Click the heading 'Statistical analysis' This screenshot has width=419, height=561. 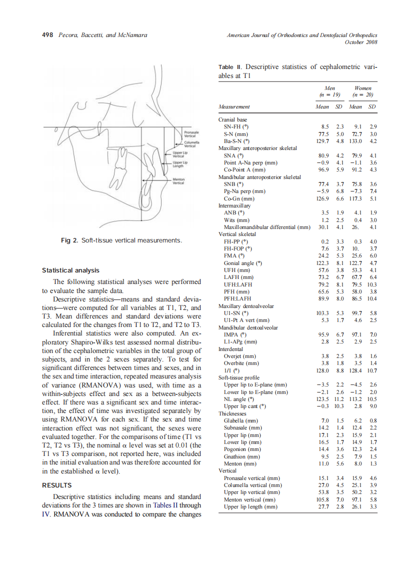pyautogui.click(x=70, y=270)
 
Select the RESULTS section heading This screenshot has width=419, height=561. pyautogui.click(x=56, y=485)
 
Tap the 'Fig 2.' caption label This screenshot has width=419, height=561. pyautogui.click(x=69, y=240)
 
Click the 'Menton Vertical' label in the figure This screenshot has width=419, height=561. pyautogui.click(x=178, y=180)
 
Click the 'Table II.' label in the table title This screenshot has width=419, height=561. pyautogui.click(x=230, y=66)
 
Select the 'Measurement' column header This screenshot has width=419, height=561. pyautogui.click(x=234, y=106)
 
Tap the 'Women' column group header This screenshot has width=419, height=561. pyautogui.click(x=363, y=88)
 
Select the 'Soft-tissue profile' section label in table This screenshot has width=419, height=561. pyautogui.click(x=239, y=377)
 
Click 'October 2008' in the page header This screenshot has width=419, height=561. pyautogui.click(x=361, y=42)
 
